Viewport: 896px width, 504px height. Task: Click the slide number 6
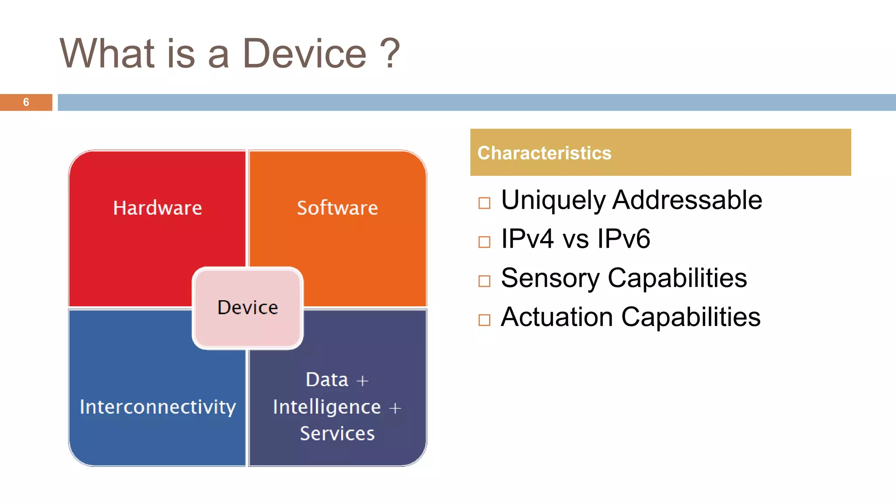(x=26, y=102)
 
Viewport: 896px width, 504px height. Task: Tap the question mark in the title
(x=389, y=54)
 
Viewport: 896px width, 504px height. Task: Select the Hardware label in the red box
(x=157, y=208)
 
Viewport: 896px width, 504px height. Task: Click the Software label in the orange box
(x=337, y=208)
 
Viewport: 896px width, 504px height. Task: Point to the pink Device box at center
(x=248, y=308)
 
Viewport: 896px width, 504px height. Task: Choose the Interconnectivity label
(x=157, y=407)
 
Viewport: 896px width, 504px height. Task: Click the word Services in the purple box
(x=337, y=434)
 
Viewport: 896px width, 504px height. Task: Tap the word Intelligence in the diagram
(x=327, y=407)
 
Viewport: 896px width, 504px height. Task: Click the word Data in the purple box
(x=327, y=380)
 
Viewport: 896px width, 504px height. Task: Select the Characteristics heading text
(x=544, y=153)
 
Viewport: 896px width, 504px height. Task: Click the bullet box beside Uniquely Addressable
(x=484, y=203)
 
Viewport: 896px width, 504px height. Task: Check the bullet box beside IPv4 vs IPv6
(x=484, y=242)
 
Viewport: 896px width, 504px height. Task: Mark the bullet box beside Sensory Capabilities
(x=484, y=281)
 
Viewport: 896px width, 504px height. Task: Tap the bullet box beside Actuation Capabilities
(x=484, y=320)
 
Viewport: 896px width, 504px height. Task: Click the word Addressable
(x=687, y=200)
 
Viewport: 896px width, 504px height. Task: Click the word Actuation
(x=556, y=317)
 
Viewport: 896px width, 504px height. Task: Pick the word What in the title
(x=107, y=54)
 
